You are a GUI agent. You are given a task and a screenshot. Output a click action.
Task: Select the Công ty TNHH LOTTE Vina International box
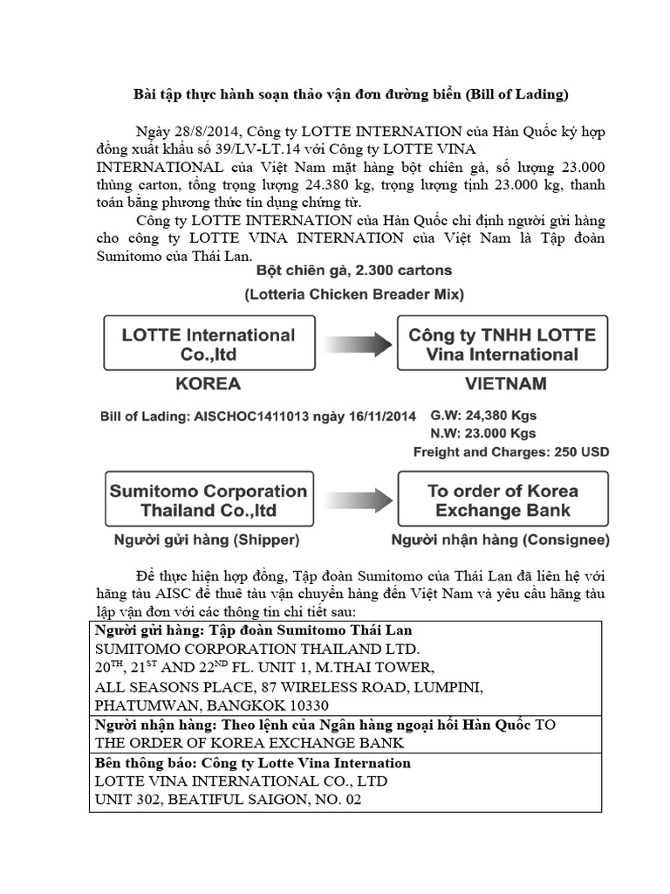502,344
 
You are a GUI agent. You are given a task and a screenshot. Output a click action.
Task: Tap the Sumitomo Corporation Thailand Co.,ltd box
208,500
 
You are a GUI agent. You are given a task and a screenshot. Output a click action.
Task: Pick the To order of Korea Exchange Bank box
502,500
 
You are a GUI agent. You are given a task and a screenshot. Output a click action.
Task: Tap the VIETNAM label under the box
507,384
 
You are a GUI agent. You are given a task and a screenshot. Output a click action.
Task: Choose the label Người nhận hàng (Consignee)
500,540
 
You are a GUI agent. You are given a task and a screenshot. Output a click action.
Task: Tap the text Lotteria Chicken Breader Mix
353,295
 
